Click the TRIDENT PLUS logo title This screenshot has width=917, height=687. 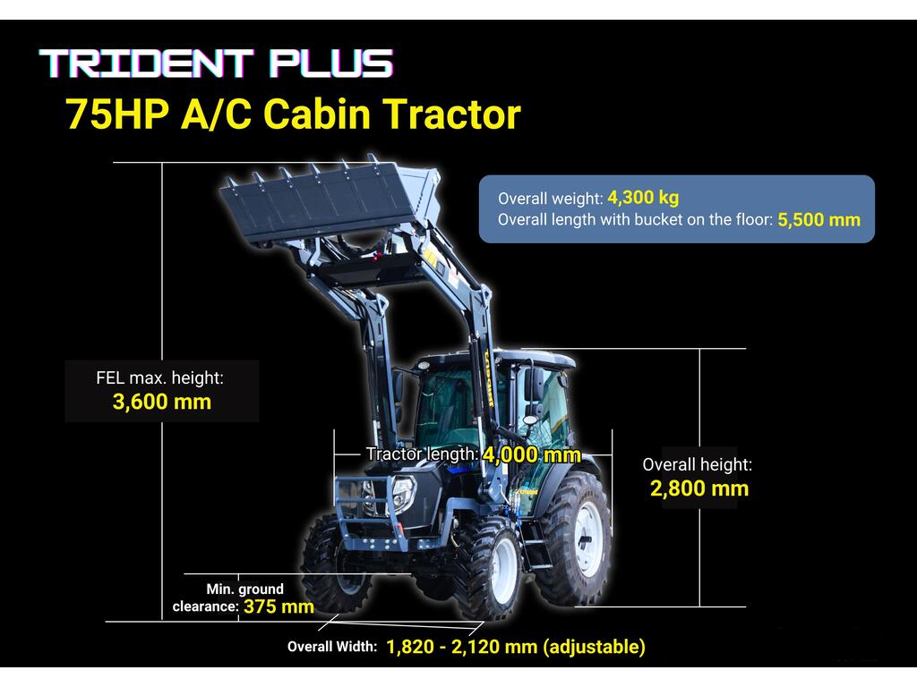click(x=217, y=64)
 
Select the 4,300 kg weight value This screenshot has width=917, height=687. click(x=643, y=198)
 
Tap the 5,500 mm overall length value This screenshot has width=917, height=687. click(x=818, y=220)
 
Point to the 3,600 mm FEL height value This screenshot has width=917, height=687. click(x=162, y=402)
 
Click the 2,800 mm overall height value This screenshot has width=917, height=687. click(x=699, y=488)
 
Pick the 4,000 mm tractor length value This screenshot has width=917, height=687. click(x=532, y=454)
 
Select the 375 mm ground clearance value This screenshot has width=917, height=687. click(x=279, y=606)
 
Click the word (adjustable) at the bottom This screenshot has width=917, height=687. click(x=595, y=647)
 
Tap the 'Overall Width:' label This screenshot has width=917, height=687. click(x=332, y=647)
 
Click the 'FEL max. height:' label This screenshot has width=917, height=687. click(x=159, y=378)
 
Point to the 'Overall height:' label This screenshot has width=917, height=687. click(x=697, y=464)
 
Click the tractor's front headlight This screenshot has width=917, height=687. click(x=403, y=494)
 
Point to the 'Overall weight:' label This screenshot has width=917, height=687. click(x=551, y=199)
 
